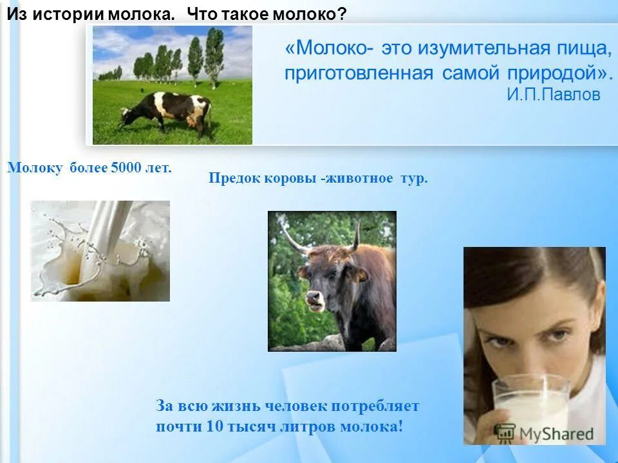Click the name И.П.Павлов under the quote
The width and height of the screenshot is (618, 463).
click(553, 95)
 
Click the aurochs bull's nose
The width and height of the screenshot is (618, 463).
click(314, 298)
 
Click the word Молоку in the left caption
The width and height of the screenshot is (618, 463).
click(35, 168)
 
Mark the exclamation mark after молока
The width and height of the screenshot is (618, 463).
click(400, 426)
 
